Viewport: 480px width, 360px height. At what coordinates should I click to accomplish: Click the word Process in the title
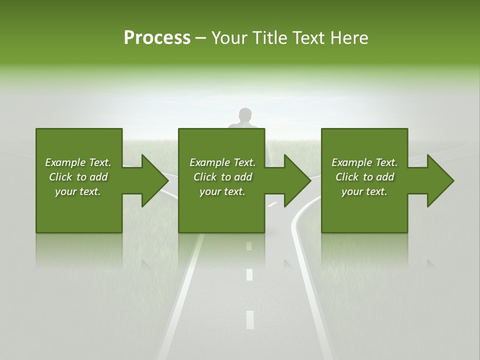click(157, 38)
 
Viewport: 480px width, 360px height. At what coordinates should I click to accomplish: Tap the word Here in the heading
click(349, 38)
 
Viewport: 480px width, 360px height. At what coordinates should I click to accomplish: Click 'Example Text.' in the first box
click(78, 162)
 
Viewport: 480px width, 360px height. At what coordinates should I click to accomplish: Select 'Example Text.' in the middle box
click(222, 162)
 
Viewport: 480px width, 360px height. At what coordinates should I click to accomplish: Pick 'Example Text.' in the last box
click(364, 162)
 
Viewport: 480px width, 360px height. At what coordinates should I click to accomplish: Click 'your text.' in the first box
click(78, 191)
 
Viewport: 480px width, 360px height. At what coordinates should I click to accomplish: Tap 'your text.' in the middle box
click(222, 191)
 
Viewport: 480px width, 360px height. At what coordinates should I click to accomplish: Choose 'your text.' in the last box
click(364, 191)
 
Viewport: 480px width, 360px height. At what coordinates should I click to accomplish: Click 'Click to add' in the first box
click(78, 177)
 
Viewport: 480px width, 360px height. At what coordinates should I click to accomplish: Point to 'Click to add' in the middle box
click(222, 177)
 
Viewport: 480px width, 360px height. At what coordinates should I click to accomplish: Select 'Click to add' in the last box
click(364, 177)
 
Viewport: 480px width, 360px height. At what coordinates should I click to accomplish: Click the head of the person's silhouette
click(244, 115)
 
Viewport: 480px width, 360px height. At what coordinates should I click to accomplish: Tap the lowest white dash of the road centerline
click(250, 319)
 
